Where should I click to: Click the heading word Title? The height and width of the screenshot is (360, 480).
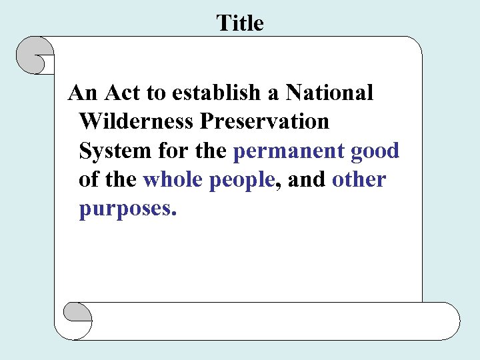240,23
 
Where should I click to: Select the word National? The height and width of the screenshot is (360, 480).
329,93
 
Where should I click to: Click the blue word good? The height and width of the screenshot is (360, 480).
375,151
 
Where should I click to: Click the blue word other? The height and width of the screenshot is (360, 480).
359,180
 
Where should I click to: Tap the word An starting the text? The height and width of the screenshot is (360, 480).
83,93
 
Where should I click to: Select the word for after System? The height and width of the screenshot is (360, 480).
173,151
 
